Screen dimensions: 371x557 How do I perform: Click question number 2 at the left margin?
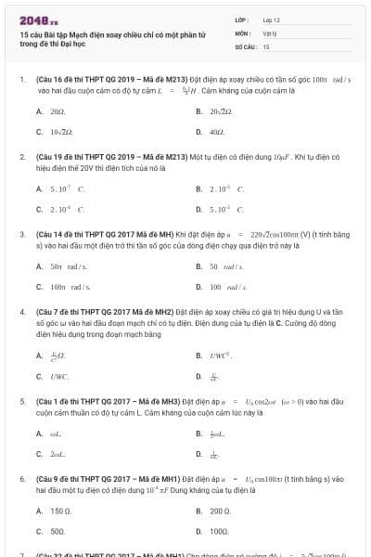[x=22, y=158]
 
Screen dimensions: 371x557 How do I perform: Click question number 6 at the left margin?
[x=22, y=478]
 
